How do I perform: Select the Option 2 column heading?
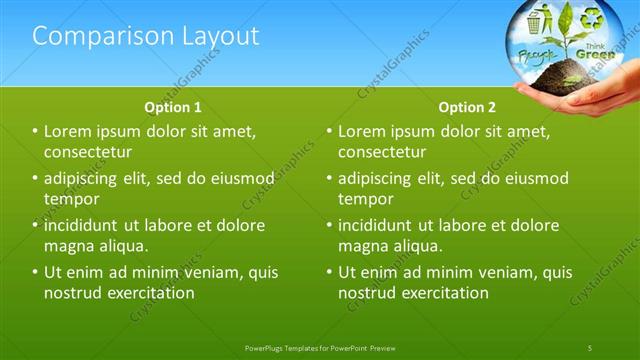tap(467, 106)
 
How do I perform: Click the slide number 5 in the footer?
tap(590, 347)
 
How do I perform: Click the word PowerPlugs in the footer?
tap(267, 347)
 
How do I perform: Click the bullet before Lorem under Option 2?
tap(330, 131)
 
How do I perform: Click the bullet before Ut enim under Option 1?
tap(36, 271)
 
